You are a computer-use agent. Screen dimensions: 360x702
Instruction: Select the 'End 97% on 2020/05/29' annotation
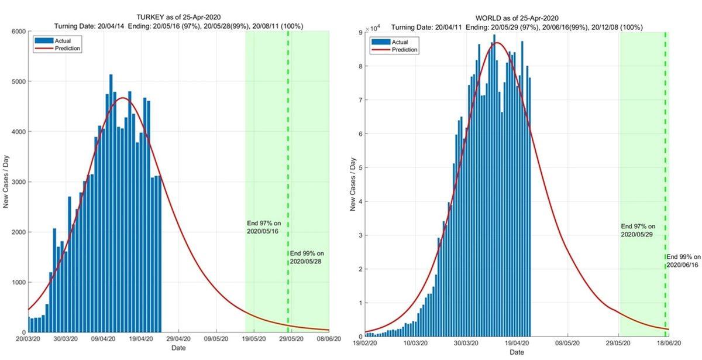(x=638, y=230)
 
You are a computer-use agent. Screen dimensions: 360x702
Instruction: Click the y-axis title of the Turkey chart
(x=7, y=181)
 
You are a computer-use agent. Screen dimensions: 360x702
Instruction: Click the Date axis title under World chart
(x=517, y=352)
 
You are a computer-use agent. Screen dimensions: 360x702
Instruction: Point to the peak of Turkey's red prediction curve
(x=123, y=98)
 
